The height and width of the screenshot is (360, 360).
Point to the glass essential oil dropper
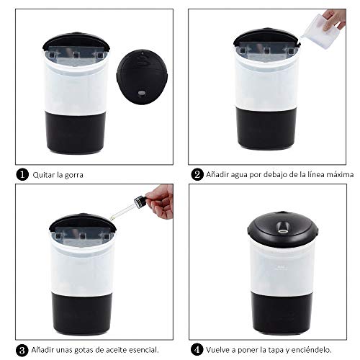tap(128, 202)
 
